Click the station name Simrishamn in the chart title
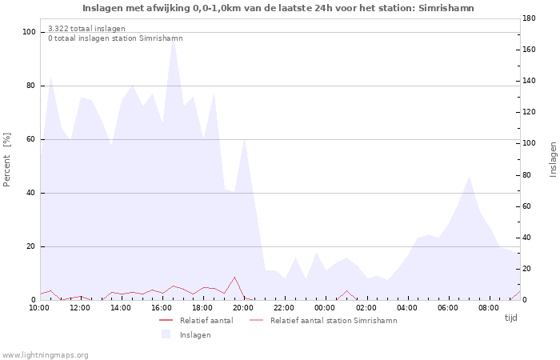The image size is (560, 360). click(x=446, y=8)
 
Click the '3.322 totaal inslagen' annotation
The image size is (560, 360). click(x=86, y=29)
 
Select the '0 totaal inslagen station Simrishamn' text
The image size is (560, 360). click(x=115, y=38)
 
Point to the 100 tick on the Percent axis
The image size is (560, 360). click(x=29, y=32)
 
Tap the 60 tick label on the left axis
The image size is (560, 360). click(x=31, y=139)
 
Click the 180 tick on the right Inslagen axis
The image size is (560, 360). click(x=529, y=18)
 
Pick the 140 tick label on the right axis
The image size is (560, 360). click(x=529, y=81)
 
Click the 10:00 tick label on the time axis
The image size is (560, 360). click(x=39, y=308)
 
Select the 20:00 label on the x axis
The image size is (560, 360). click(x=243, y=308)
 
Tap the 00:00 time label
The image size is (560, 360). click(x=325, y=308)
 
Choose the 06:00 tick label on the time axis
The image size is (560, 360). click(x=447, y=308)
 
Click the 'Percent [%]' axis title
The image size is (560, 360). click(x=6, y=160)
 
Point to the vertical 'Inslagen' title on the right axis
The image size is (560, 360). click(x=553, y=159)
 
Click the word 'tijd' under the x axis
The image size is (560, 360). click(x=510, y=318)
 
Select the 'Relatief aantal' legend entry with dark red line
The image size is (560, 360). click(x=196, y=320)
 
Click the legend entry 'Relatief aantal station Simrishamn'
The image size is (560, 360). click(x=323, y=320)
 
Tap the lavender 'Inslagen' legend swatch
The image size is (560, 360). click(x=166, y=334)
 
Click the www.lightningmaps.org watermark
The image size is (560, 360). click(x=45, y=355)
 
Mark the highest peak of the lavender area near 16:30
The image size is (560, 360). click(x=174, y=36)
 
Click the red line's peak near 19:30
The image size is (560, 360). click(x=234, y=277)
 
